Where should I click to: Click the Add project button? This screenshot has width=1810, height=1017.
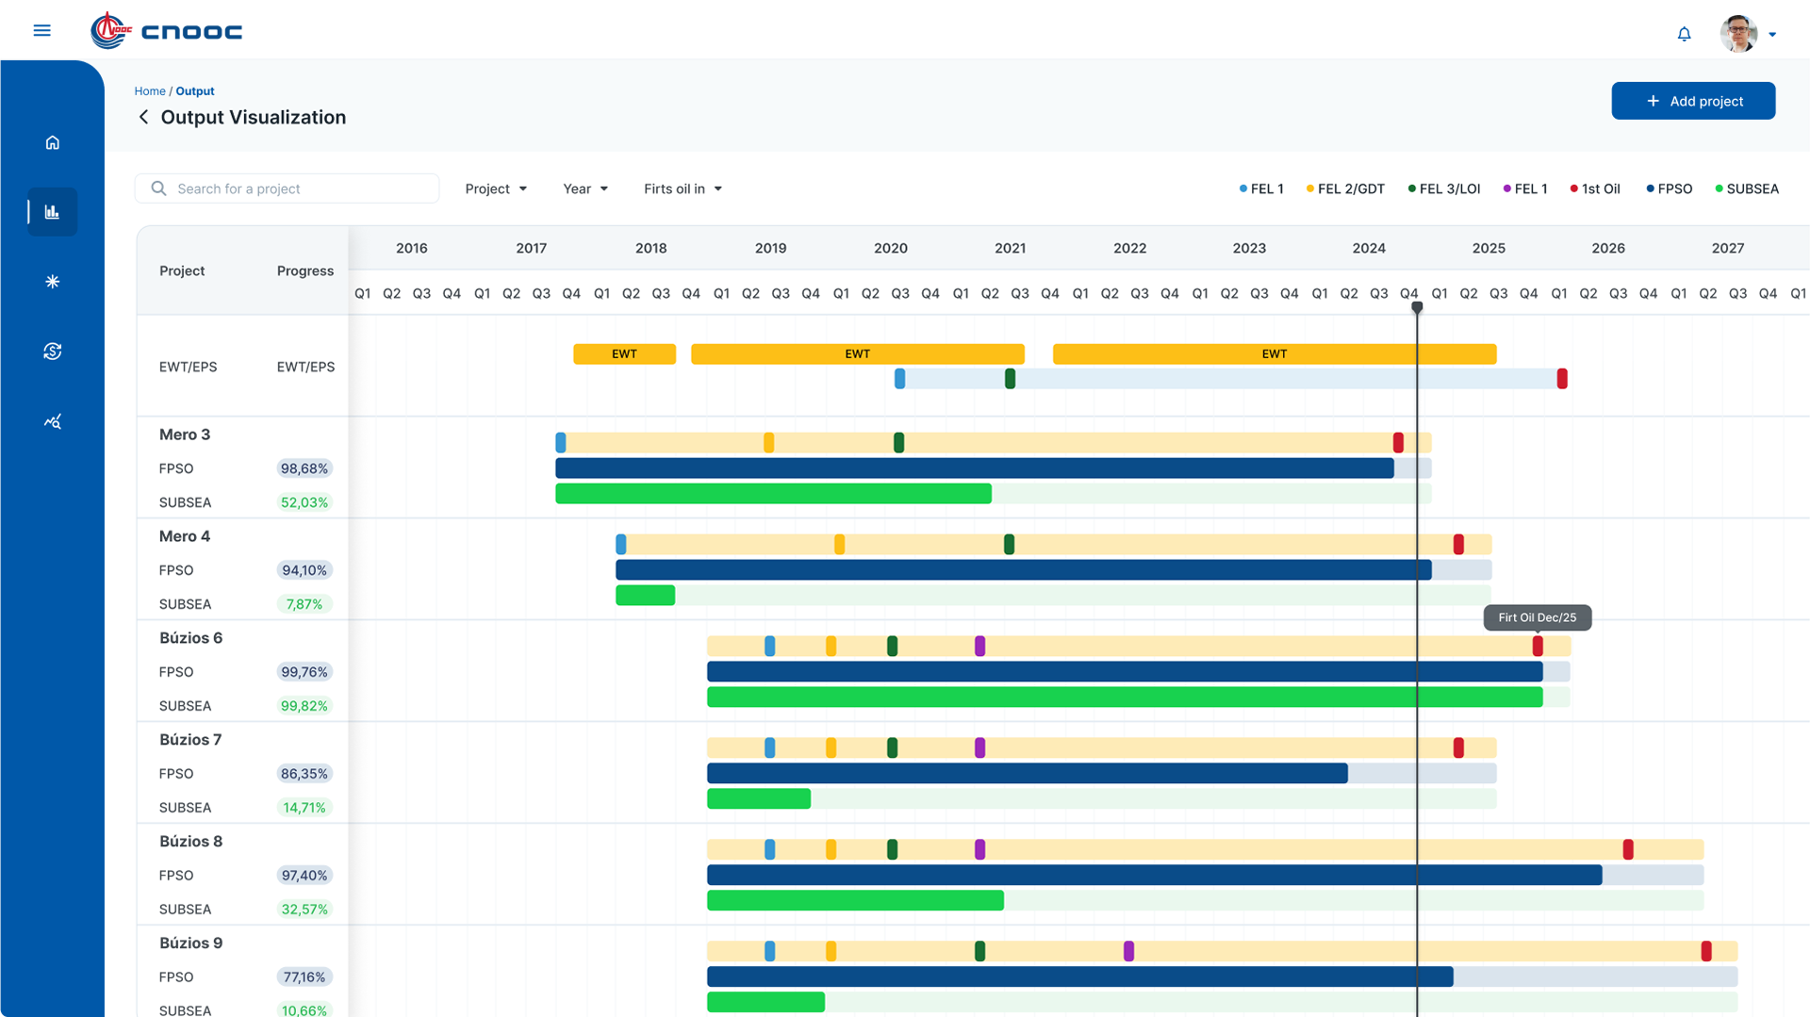[x=1693, y=101]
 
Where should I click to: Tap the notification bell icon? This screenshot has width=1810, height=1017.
[x=1684, y=34]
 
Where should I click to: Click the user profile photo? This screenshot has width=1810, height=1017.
[x=1738, y=33]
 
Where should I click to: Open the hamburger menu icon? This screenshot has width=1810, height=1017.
[x=41, y=30]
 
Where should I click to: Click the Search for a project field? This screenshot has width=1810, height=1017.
[x=287, y=189]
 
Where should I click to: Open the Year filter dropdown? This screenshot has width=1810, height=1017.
[x=585, y=189]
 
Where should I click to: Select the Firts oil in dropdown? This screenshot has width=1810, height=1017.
[x=683, y=189]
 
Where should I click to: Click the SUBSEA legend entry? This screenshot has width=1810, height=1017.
[x=1747, y=189]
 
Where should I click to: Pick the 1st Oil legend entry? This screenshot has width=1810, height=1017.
[x=1595, y=189]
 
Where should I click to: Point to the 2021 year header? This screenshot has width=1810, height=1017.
[x=1010, y=248]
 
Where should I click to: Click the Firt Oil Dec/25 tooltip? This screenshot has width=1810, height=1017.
[x=1538, y=617]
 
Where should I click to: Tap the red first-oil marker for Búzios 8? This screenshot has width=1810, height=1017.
[x=1628, y=849]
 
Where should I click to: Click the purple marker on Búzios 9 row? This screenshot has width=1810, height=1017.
[x=1128, y=951]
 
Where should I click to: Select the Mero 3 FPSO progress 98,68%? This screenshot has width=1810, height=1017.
[x=304, y=468]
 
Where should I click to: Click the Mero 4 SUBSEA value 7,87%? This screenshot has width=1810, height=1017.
[x=304, y=604]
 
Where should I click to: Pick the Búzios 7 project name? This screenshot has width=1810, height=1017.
[x=190, y=740]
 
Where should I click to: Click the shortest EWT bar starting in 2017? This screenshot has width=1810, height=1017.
[x=624, y=354]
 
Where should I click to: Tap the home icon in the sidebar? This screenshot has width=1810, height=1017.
[x=53, y=142]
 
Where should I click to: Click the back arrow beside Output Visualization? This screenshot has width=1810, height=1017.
[x=143, y=117]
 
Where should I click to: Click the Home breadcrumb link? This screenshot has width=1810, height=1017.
[x=150, y=91]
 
